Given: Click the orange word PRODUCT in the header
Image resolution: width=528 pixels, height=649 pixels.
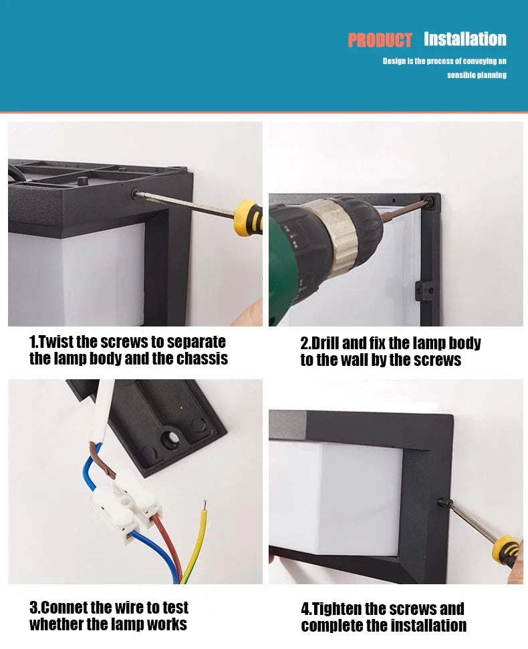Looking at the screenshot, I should coord(380,41).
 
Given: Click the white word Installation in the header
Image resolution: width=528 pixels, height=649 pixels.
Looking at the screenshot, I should coord(465,39).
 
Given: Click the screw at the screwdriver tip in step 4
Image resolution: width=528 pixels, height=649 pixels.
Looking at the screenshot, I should coord(442,503).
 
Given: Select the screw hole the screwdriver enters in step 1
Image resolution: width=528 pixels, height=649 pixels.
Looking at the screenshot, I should coord(136,194).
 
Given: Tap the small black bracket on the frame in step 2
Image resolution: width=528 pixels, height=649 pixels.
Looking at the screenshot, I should coord(423,290).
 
